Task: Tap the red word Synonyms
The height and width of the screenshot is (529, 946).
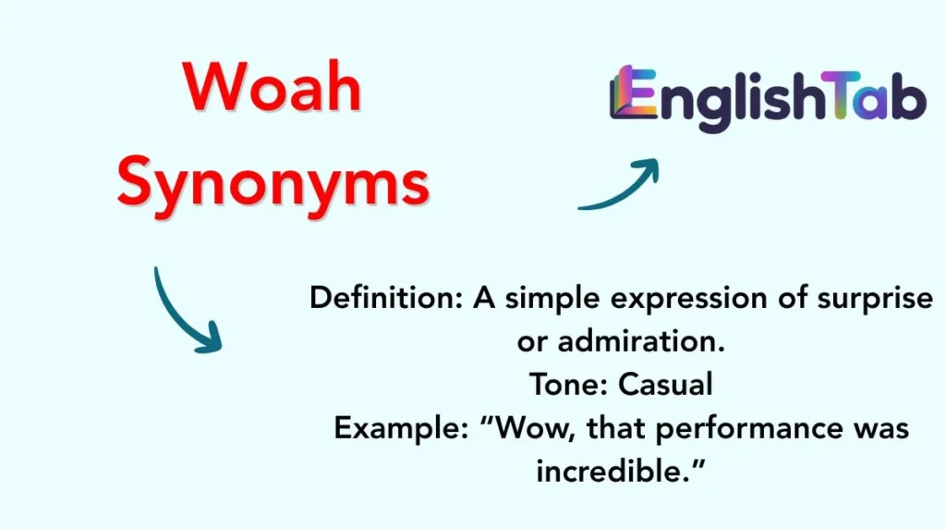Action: pos(273,182)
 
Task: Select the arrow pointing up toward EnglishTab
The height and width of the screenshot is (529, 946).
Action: pos(620,186)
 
